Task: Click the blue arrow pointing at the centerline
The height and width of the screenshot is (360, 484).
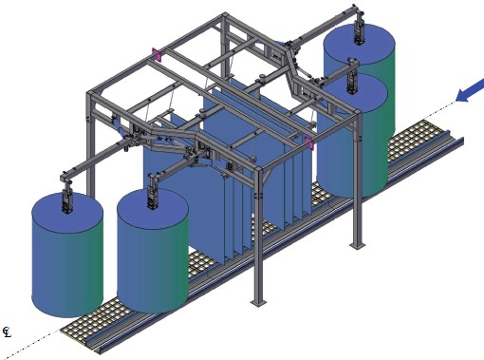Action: point(470,90)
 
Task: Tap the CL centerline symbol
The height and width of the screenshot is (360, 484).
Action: point(7,332)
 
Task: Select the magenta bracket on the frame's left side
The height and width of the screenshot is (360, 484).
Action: point(157,54)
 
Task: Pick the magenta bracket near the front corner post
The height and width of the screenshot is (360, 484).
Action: point(309,142)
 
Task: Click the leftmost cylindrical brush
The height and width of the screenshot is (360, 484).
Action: point(67,255)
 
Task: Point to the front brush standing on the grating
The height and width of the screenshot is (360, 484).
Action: point(153,251)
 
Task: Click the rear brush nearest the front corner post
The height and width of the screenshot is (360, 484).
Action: point(352,136)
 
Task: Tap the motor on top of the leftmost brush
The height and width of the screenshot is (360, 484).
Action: point(67,200)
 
